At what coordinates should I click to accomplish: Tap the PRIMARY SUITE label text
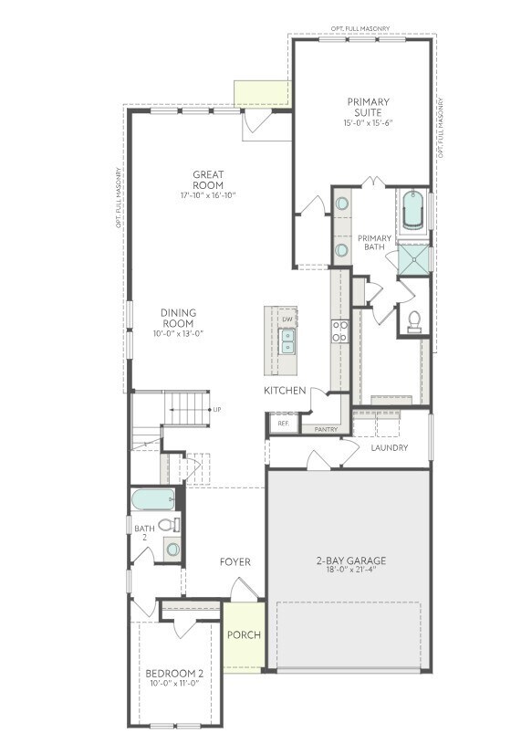369,107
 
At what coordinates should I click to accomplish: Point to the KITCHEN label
284,391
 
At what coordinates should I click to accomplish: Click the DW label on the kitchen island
287,319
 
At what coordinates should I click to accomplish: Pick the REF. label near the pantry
283,424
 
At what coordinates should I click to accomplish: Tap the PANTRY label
327,429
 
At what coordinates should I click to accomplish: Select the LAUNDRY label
389,448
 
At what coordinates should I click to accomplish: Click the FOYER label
235,562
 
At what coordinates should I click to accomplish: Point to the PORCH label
244,635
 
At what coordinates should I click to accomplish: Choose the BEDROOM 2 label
174,675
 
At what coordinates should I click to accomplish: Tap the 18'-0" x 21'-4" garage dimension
351,571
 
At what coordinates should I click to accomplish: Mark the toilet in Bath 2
169,525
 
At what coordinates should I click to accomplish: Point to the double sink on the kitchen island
288,342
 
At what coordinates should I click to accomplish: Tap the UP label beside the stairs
217,410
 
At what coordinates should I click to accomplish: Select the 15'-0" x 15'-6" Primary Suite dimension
369,123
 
